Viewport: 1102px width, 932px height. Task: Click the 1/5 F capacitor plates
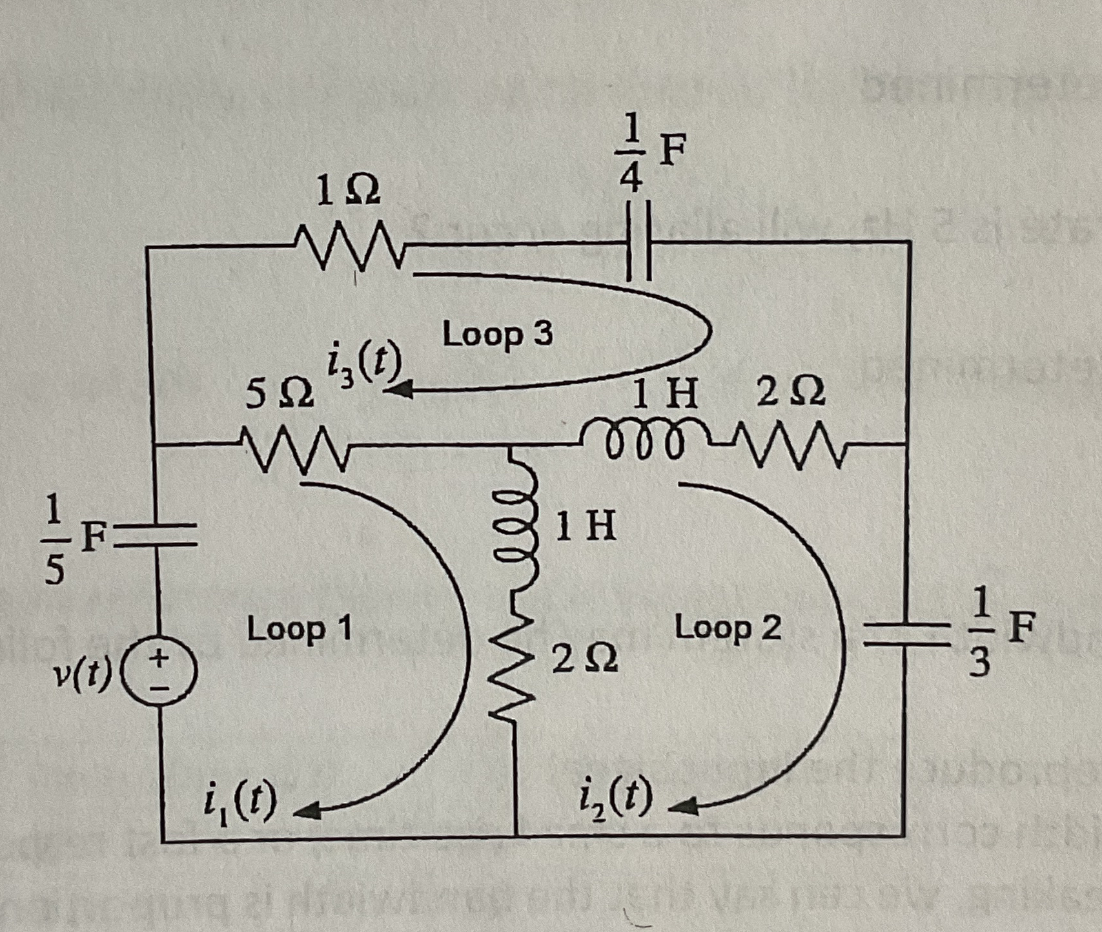coord(157,536)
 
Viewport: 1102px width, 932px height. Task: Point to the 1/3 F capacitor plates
coord(909,633)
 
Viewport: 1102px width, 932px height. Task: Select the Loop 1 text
coord(300,628)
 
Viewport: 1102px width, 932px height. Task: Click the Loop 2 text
coord(728,627)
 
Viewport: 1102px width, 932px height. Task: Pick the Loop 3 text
coord(497,335)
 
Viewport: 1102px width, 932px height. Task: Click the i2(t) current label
coord(614,802)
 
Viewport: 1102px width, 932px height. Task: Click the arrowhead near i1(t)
coord(308,810)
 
